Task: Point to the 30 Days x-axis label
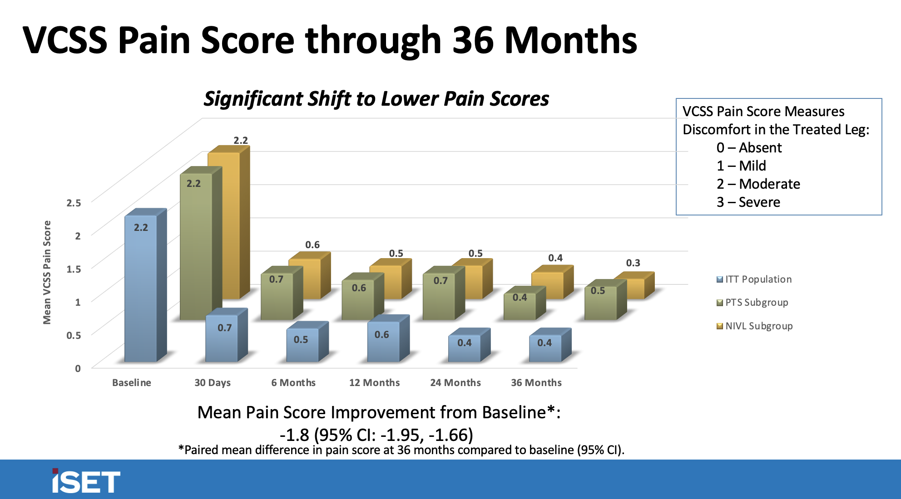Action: tap(213, 382)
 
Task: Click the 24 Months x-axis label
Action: tap(455, 382)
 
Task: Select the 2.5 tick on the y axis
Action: tap(74, 203)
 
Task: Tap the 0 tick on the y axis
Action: tap(78, 368)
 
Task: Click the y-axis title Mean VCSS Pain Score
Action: tap(47, 272)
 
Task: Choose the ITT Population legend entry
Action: tap(757, 279)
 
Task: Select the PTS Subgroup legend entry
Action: tap(756, 303)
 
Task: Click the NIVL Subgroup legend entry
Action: tap(758, 326)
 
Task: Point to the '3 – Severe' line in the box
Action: tap(748, 202)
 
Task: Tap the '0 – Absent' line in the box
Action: tap(749, 147)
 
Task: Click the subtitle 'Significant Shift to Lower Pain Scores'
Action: tap(376, 98)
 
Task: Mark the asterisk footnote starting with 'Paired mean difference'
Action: tap(401, 450)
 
